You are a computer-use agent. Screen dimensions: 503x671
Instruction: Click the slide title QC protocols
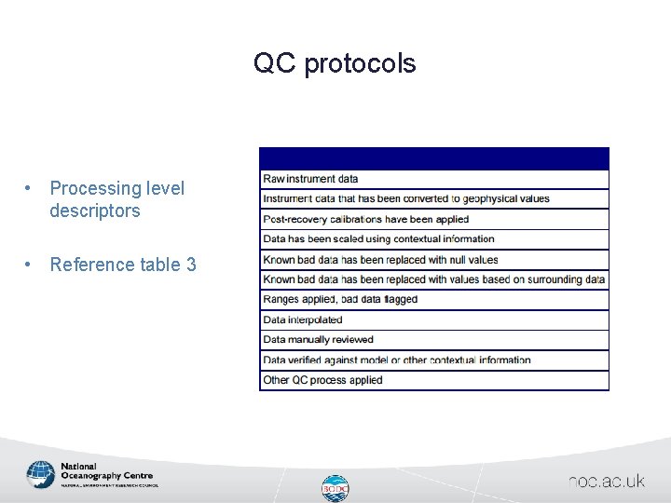pos(335,63)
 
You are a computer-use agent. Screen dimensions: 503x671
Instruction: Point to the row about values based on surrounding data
pos(434,279)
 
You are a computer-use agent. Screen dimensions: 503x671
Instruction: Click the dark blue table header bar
pos(434,158)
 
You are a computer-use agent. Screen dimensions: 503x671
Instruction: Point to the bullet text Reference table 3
pos(123,265)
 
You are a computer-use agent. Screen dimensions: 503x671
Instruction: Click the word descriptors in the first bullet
pos(95,211)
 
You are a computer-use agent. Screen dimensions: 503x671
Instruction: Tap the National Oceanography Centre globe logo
pos(41,474)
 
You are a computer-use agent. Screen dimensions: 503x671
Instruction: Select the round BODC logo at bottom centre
pos(335,488)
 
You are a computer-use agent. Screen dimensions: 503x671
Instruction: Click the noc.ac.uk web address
pos(607,482)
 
